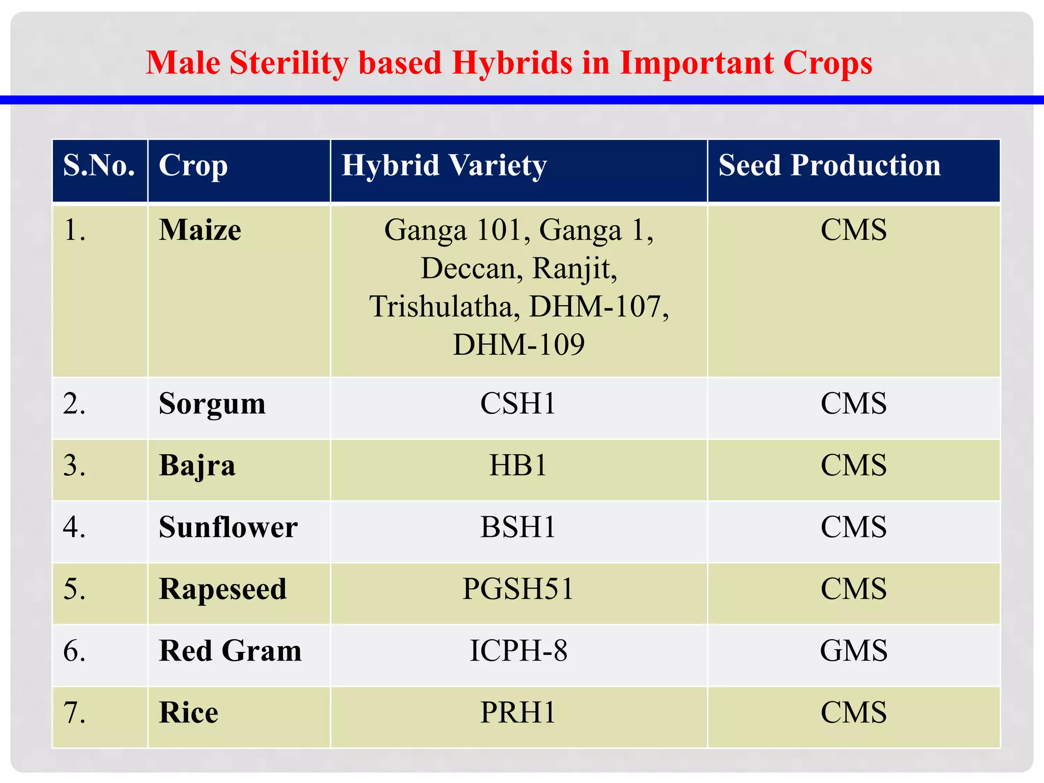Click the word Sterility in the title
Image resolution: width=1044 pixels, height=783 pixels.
(x=289, y=63)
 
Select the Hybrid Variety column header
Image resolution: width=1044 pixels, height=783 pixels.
(x=443, y=166)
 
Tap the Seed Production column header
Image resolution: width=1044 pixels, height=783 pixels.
(x=829, y=166)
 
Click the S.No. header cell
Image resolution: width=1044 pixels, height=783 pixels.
(x=99, y=166)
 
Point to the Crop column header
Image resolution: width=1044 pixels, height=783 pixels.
(x=193, y=166)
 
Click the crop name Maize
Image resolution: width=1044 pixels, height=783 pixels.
(x=200, y=230)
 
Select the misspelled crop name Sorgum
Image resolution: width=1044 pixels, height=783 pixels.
(x=212, y=404)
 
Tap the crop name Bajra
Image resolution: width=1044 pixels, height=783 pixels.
(x=197, y=466)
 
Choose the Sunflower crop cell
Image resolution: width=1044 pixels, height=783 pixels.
(x=228, y=527)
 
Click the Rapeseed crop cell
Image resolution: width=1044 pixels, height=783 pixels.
(x=222, y=589)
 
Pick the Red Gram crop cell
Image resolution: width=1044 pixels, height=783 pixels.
(x=230, y=651)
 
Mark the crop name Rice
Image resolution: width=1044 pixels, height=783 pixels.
(x=188, y=713)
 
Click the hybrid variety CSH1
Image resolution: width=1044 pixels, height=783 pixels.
(x=518, y=404)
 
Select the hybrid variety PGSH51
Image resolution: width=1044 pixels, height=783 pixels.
(x=518, y=589)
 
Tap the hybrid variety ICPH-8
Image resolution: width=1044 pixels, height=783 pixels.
(x=518, y=651)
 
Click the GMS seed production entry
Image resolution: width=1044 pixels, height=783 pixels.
(x=853, y=651)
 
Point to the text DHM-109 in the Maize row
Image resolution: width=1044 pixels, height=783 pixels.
(x=518, y=345)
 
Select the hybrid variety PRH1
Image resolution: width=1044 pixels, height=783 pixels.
(x=518, y=713)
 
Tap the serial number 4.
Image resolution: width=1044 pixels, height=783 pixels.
(x=74, y=527)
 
